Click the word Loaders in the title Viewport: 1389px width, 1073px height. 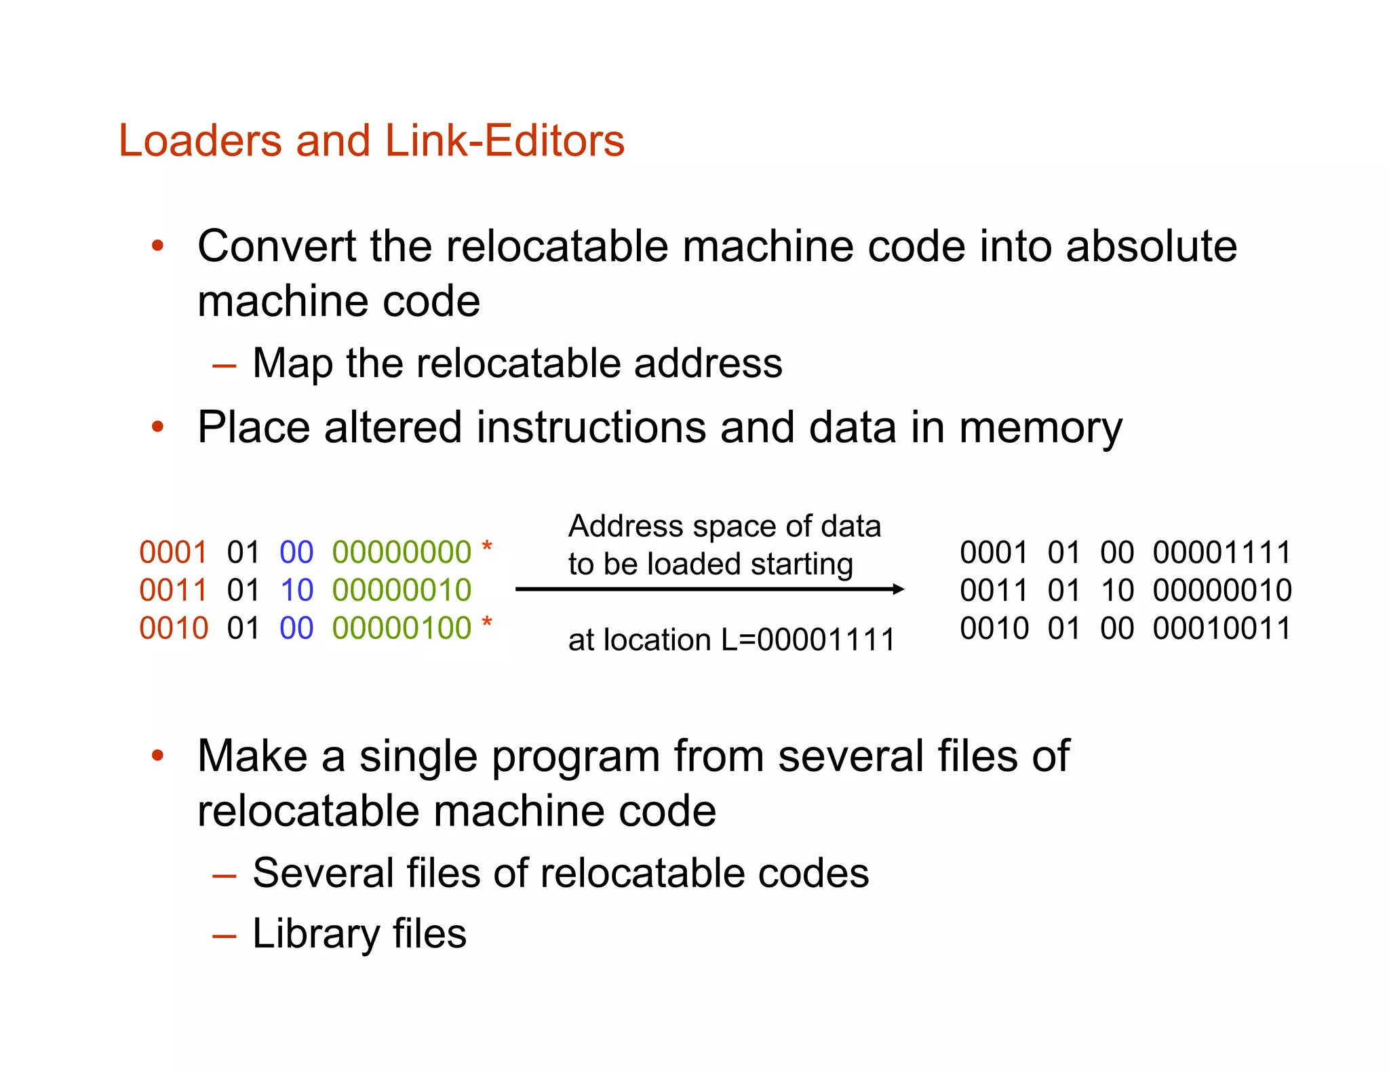coord(201,141)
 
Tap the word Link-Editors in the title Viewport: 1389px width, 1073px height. coord(505,141)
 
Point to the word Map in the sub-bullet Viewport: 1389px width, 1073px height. coord(292,364)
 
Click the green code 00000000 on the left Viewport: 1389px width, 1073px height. coord(402,553)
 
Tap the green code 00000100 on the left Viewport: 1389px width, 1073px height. coord(402,629)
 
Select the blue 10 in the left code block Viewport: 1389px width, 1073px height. coord(296,591)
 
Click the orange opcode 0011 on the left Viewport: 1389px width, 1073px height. coord(173,591)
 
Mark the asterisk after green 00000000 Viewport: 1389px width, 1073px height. coord(486,547)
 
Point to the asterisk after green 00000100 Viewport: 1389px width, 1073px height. coord(486,623)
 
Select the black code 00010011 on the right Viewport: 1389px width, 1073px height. coord(1222,629)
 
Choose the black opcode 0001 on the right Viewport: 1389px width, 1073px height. coord(994,553)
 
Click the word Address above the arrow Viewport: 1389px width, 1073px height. coord(625,526)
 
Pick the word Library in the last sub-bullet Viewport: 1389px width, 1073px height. coord(315,934)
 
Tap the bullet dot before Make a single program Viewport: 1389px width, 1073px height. coord(158,756)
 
